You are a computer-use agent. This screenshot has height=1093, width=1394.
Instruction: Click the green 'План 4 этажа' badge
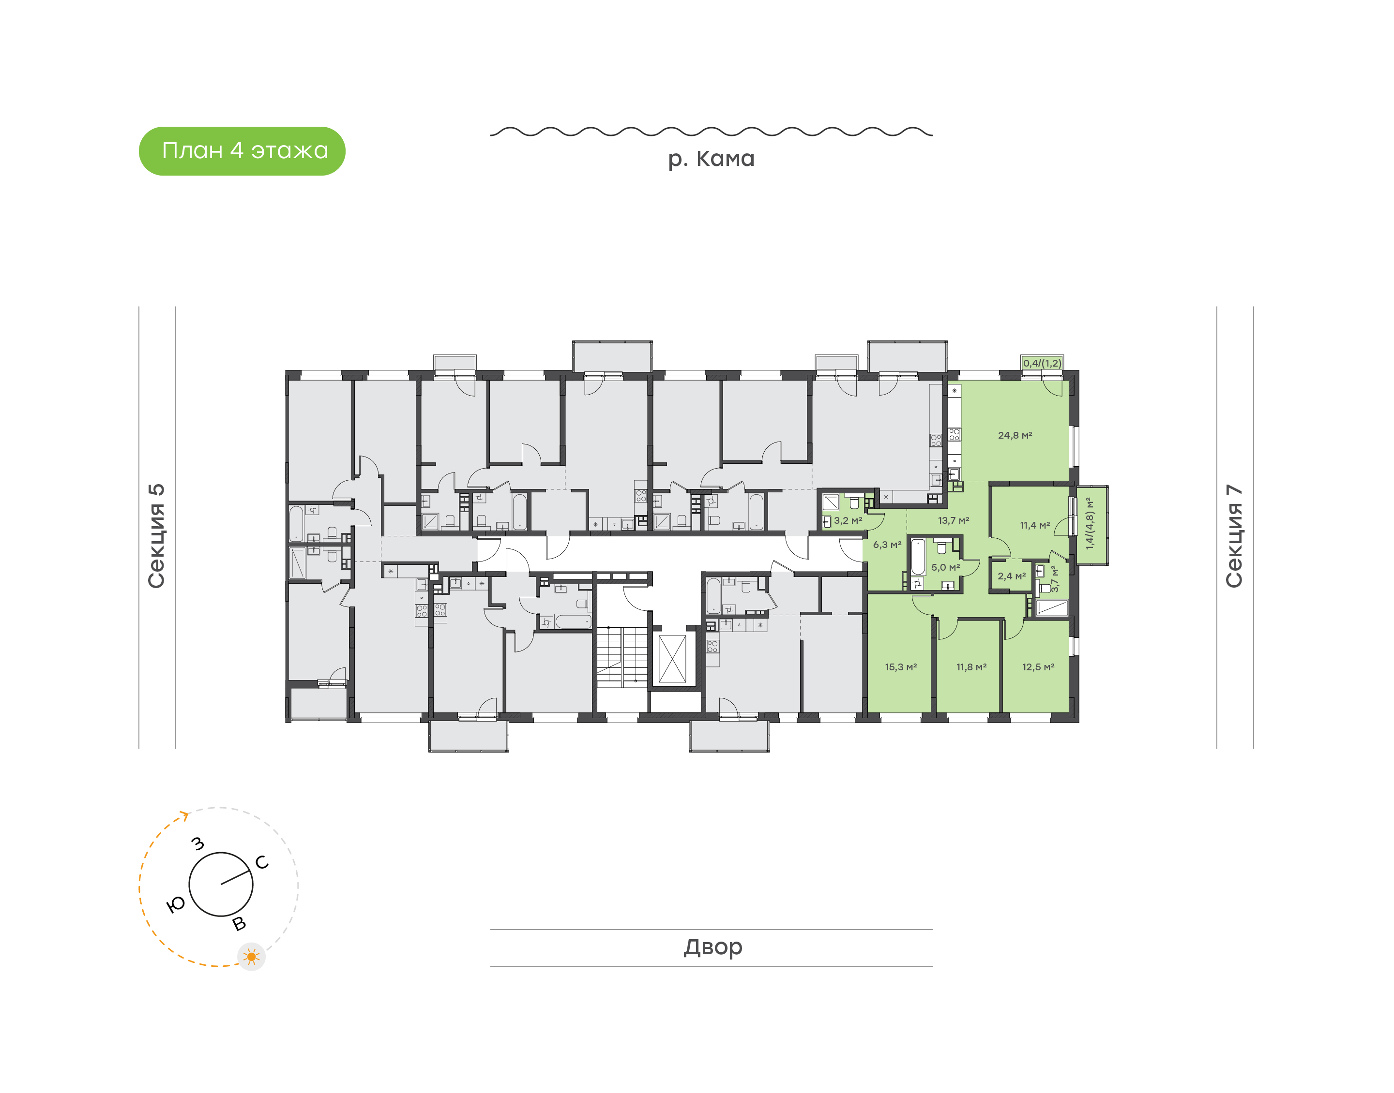(x=242, y=151)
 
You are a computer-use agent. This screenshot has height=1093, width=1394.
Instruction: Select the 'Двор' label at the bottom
(x=712, y=946)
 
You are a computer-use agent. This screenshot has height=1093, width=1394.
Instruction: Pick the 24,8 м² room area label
(x=1015, y=435)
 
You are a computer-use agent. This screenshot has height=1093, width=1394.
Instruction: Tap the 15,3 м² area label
(x=901, y=667)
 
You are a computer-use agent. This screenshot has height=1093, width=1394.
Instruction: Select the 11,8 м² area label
(x=971, y=667)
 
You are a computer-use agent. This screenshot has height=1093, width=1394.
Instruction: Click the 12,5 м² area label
(x=1038, y=667)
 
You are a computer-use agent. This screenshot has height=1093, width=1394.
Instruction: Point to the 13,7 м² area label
(x=954, y=520)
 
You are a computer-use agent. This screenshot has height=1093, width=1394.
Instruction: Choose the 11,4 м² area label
(x=1035, y=525)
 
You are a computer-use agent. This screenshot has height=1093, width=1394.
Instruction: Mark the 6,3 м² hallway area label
(x=887, y=545)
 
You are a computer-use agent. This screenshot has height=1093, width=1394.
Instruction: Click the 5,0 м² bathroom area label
(x=945, y=567)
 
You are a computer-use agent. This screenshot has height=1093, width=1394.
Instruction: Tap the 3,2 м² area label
(x=848, y=520)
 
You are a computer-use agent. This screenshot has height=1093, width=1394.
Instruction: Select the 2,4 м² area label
(x=1012, y=576)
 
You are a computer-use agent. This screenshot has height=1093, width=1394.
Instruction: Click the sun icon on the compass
(x=251, y=957)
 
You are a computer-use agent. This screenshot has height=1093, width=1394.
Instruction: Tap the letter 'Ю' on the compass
(x=175, y=904)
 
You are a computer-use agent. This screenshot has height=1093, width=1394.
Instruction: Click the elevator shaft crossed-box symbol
(x=672, y=659)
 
